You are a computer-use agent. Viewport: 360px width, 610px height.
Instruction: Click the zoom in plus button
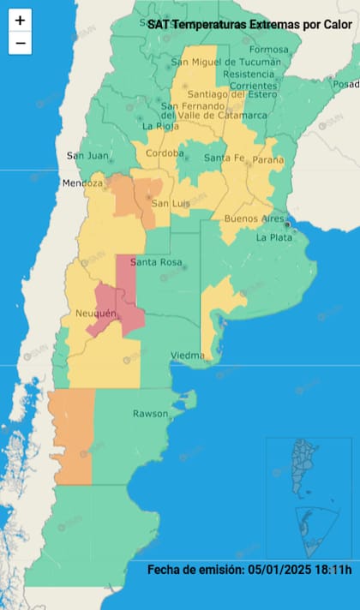[x=20, y=21]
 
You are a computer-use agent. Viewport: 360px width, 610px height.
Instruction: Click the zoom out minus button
[x=20, y=43]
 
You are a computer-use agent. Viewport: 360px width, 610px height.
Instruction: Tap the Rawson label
[x=150, y=414]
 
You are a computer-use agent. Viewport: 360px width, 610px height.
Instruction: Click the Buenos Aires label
[x=254, y=219]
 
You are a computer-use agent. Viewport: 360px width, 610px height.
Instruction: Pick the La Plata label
[x=273, y=237]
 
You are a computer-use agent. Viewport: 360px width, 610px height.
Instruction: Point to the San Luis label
[x=171, y=203]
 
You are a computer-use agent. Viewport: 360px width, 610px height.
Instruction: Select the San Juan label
[x=87, y=155]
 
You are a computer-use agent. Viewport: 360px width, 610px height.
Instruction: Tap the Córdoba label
[x=165, y=153]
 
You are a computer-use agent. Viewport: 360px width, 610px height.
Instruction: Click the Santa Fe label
[x=224, y=158]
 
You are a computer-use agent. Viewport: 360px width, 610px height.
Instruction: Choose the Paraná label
[x=267, y=158]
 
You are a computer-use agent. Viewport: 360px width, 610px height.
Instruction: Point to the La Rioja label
[x=159, y=127]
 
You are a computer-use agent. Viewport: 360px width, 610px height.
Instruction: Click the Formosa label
[x=269, y=50]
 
